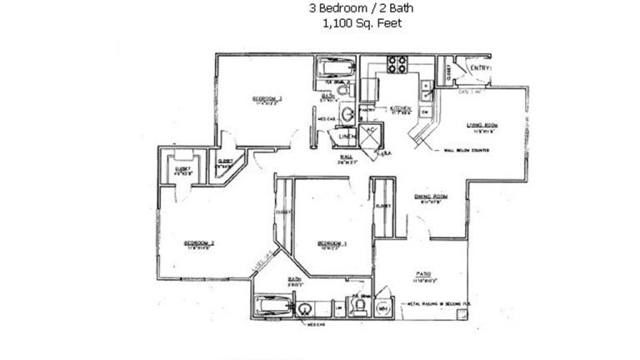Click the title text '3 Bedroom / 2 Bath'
click(x=361, y=9)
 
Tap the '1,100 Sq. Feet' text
click(x=361, y=23)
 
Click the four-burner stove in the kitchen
click(x=397, y=65)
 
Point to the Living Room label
click(x=481, y=127)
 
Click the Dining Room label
click(x=430, y=197)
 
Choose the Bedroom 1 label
click(x=332, y=244)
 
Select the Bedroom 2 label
click(x=200, y=243)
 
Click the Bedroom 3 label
click(x=267, y=99)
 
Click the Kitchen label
click(x=402, y=108)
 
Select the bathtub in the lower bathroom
click(x=272, y=307)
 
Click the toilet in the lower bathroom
click(x=359, y=308)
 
